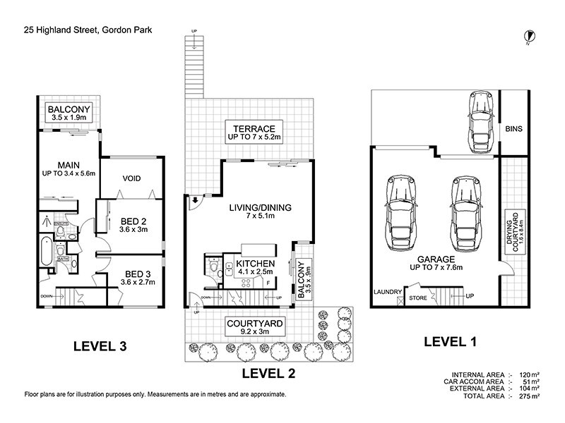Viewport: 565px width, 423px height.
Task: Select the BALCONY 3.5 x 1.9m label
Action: coord(68,114)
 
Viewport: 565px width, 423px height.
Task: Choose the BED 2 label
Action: coord(132,224)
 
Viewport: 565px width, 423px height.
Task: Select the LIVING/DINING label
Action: coord(258,212)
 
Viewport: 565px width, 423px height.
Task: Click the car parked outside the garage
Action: coord(479,119)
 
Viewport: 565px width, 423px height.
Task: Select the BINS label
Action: coord(513,130)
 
